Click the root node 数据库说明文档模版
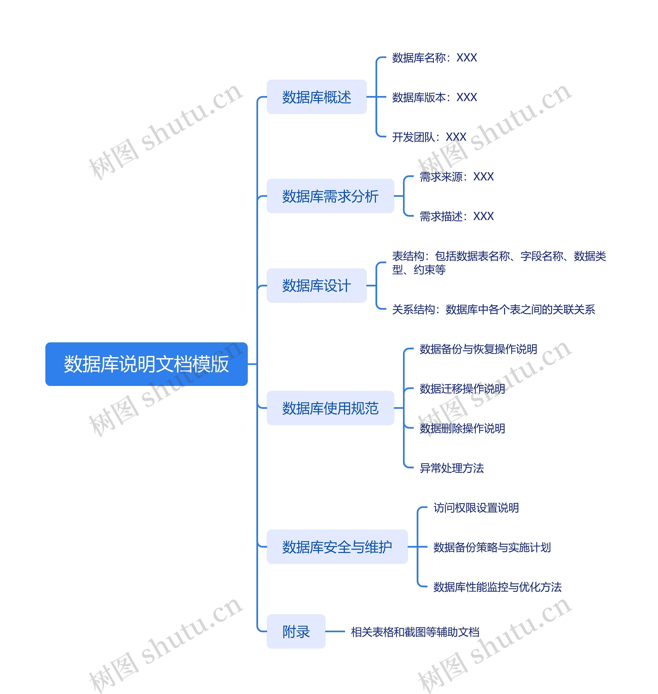pyautogui.click(x=146, y=364)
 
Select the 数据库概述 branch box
pyautogui.click(x=316, y=97)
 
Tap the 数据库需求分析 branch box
pyautogui.click(x=330, y=196)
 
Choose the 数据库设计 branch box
pyautogui.click(x=316, y=286)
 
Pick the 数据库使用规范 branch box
pyautogui.click(x=330, y=408)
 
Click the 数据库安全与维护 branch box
pyautogui.click(x=337, y=547)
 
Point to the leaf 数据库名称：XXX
pyautogui.click(x=434, y=58)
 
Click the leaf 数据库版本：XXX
pyautogui.click(x=434, y=97)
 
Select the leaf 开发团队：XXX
pyautogui.click(x=429, y=137)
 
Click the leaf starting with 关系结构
pyautogui.click(x=493, y=309)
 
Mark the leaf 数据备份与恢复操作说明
pyautogui.click(x=478, y=349)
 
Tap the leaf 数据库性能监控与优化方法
pyautogui.click(x=497, y=587)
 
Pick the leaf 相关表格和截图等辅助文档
pyautogui.click(x=415, y=632)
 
